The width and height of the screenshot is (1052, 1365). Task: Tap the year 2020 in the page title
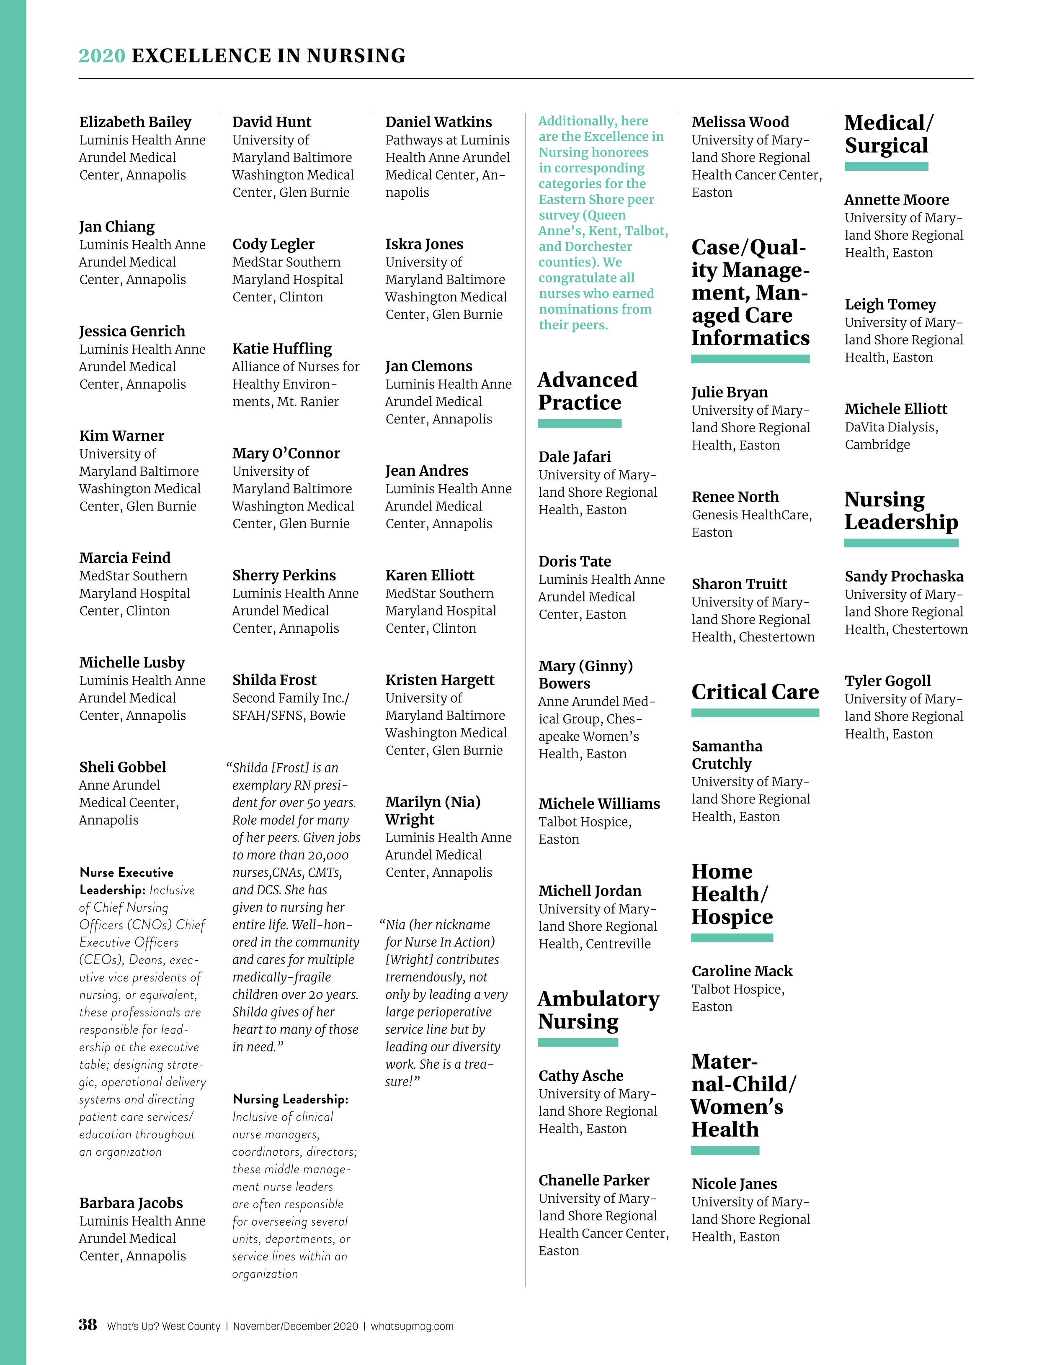point(102,56)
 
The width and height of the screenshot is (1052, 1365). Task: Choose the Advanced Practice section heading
point(587,390)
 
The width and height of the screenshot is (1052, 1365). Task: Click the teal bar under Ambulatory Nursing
point(578,1042)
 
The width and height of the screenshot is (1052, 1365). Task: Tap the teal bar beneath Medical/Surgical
point(886,166)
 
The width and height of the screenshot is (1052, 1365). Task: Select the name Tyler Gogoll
point(887,681)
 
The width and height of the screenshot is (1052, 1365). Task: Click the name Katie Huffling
point(282,348)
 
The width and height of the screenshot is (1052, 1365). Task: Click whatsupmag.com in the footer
point(412,1326)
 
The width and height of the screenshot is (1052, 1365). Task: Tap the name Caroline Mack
point(742,971)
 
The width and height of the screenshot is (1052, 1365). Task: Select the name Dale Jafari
point(575,457)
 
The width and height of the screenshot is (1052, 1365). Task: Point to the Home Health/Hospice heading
point(732,894)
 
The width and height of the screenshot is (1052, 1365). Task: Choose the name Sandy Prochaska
point(904,576)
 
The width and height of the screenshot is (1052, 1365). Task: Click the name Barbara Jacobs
point(131,1203)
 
